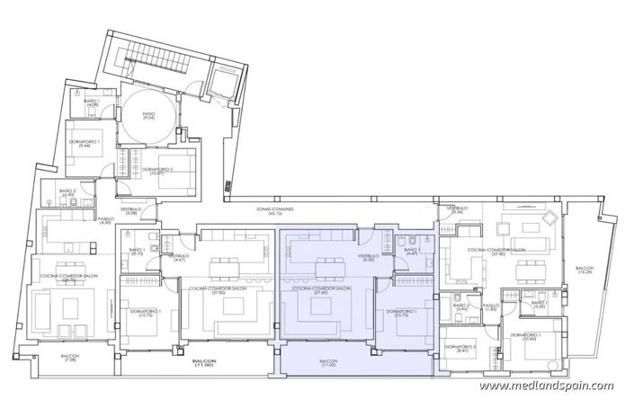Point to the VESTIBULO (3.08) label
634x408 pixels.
point(131,210)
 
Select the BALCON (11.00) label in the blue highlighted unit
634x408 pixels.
point(327,364)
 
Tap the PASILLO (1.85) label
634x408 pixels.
point(490,308)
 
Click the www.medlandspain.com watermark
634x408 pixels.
point(546,387)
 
